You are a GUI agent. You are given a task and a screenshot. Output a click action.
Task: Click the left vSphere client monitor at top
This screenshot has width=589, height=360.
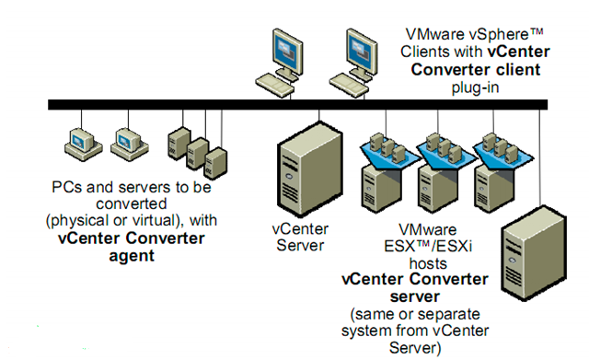[284, 48]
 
